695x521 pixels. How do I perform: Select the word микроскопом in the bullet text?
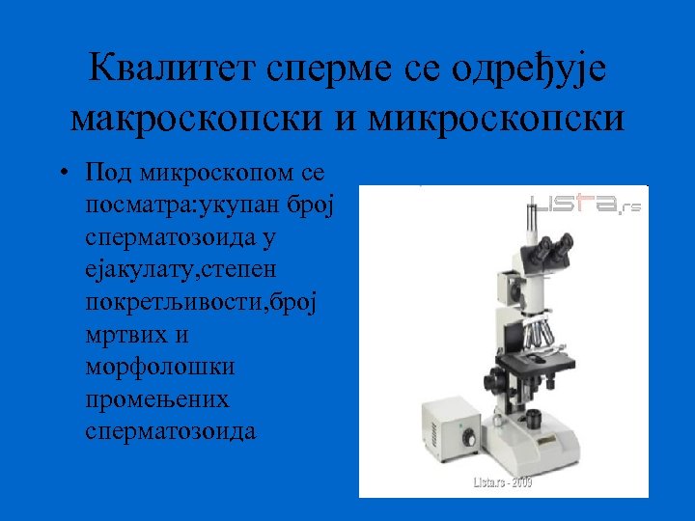click(x=217, y=174)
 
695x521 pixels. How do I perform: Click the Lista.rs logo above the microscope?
click(x=585, y=206)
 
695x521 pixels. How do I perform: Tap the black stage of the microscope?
click(x=541, y=363)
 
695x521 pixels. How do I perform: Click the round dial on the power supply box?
click(x=468, y=437)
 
